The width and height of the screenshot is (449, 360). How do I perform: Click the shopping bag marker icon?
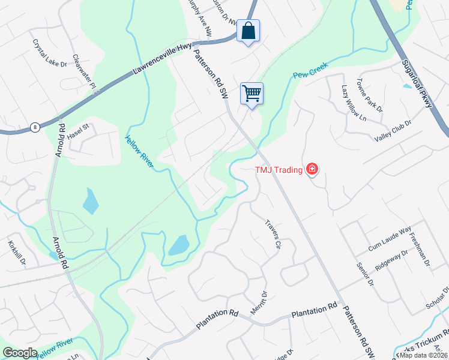click(x=248, y=30)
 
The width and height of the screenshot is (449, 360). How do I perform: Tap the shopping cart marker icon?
click(x=252, y=93)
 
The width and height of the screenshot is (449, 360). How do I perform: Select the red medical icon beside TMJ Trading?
click(x=312, y=170)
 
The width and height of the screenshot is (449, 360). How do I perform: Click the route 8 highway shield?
click(x=35, y=127)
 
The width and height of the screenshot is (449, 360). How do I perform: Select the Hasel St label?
click(x=78, y=132)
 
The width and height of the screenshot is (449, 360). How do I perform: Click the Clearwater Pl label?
click(x=85, y=73)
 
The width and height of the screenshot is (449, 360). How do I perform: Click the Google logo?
click(x=20, y=353)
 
